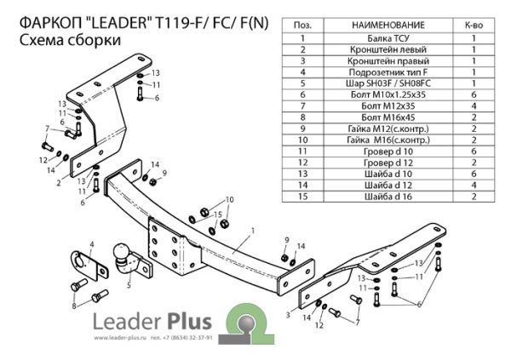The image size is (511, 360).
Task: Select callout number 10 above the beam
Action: [x=229, y=199]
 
